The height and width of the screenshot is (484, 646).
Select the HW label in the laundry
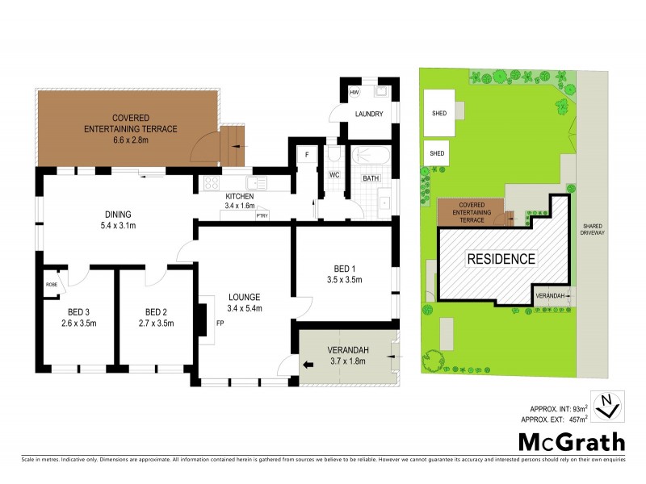354,94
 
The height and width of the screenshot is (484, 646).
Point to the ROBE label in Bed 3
51,285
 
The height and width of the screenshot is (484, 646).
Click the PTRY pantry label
262,215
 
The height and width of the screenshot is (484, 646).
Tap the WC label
333,174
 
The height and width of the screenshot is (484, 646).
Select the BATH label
370,178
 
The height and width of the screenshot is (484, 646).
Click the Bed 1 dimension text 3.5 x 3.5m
343,280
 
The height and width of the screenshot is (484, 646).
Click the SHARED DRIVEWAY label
598,229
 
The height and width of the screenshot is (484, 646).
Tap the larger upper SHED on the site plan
440,113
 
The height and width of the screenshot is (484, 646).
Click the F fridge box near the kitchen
308,155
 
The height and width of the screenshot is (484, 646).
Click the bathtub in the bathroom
371,156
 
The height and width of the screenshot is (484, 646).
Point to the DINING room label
117,214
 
